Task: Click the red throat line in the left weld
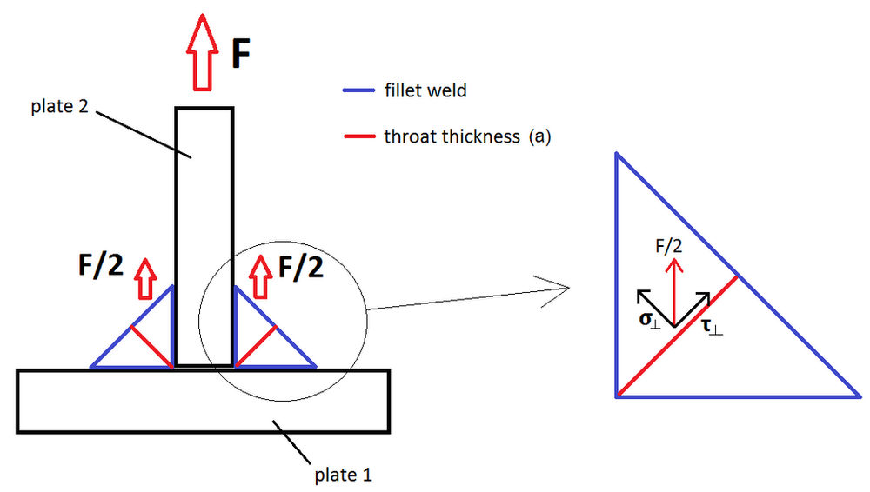[x=151, y=346]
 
